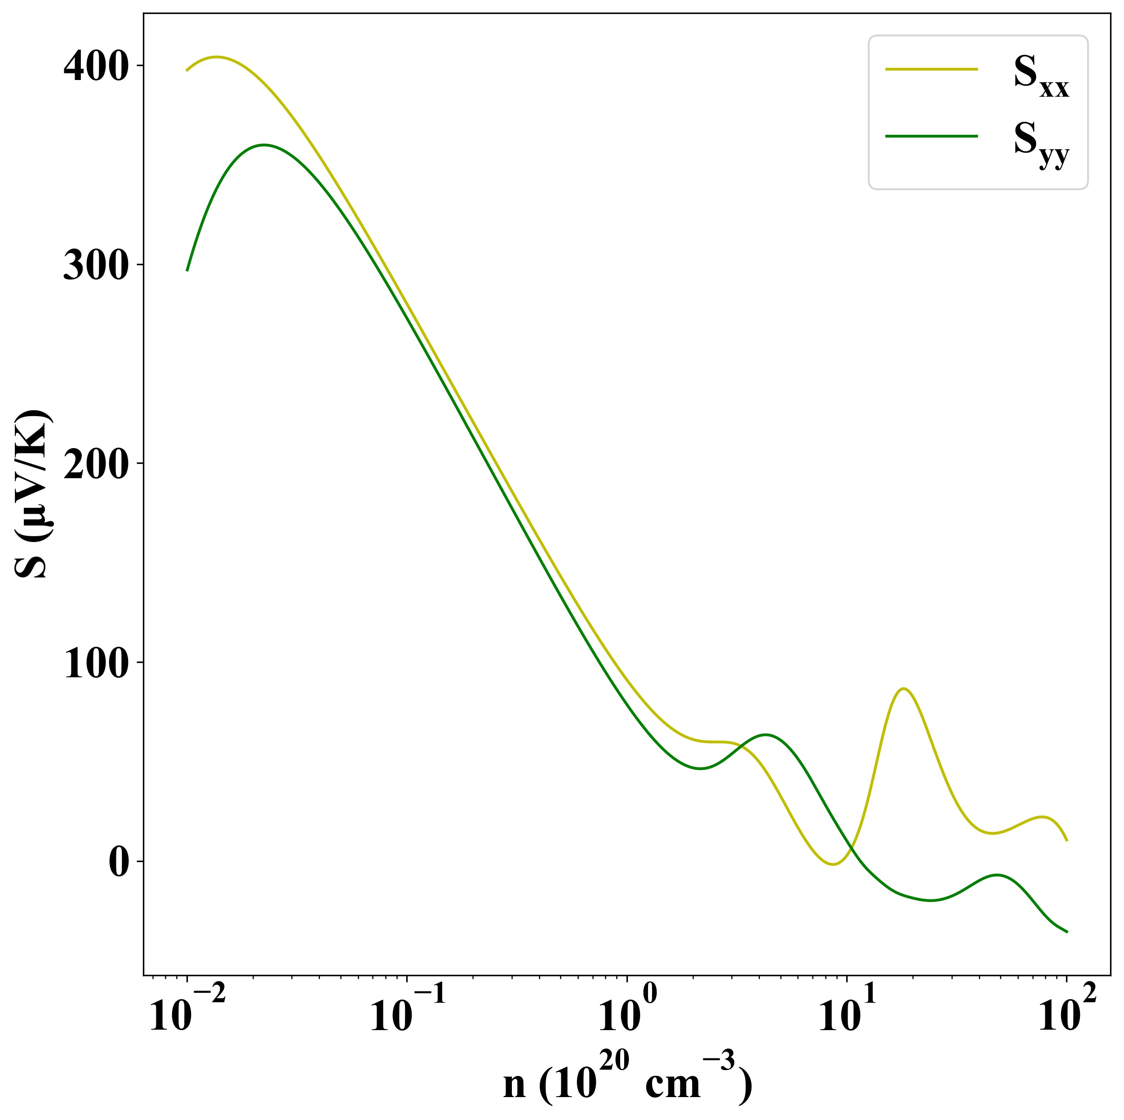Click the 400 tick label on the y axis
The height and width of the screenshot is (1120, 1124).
click(x=95, y=67)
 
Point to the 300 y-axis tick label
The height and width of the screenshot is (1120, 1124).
click(x=95, y=267)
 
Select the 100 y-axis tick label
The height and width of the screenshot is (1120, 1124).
click(x=95, y=664)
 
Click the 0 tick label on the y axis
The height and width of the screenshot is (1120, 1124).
click(x=119, y=862)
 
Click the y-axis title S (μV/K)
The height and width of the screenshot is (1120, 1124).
click(x=34, y=494)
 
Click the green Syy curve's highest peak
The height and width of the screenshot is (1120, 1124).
click(x=265, y=145)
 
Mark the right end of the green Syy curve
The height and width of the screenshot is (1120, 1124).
click(x=1066, y=932)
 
